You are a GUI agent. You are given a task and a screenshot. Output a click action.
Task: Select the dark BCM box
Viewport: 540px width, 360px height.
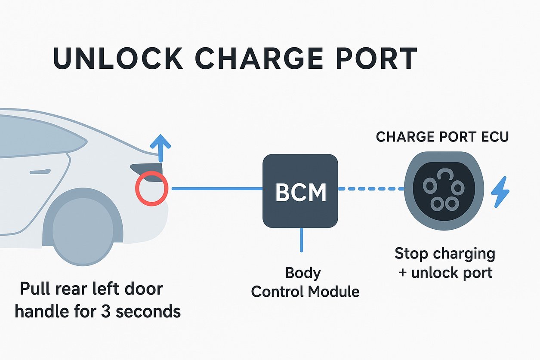[300, 191]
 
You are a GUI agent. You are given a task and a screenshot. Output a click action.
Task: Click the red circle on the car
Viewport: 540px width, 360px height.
[151, 188]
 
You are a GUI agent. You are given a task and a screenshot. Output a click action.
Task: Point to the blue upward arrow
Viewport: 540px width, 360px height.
[162, 148]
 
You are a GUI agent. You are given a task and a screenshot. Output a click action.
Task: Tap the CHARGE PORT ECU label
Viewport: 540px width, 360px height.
[442, 137]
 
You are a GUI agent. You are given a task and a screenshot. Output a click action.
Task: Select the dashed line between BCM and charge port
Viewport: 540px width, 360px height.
[371, 188]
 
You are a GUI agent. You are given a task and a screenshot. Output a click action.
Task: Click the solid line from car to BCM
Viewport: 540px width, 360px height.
[217, 188]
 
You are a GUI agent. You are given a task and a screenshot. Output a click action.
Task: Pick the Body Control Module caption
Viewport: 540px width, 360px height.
[305, 282]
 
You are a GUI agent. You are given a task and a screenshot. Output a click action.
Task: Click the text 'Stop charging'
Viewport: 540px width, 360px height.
[444, 253]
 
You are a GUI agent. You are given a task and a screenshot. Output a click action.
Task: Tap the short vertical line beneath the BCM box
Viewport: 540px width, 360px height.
[301, 240]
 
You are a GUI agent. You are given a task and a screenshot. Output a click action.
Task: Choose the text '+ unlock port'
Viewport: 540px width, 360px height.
[445, 273]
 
